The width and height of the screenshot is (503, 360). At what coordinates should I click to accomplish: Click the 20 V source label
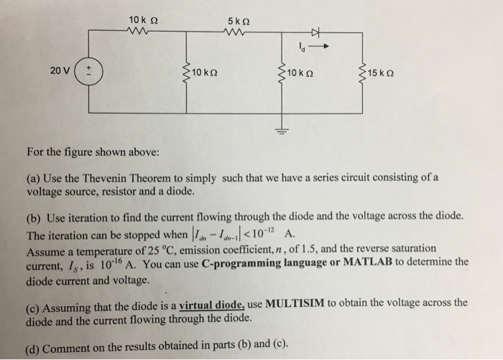pyautogui.click(x=60, y=70)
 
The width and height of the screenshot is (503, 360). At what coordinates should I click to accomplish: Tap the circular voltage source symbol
pyautogui.click(x=90, y=72)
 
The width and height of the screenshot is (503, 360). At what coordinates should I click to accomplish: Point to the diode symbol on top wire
pyautogui.click(x=314, y=32)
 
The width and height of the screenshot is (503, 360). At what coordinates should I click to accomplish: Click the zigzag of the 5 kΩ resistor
pyautogui.click(x=237, y=32)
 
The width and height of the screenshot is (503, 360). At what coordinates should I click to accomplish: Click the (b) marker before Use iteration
pyautogui.click(x=32, y=216)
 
